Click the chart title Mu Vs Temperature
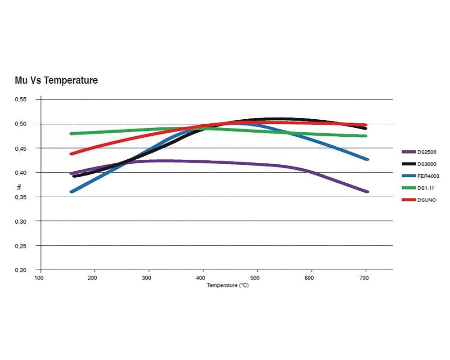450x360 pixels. tap(56, 81)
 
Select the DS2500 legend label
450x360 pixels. tap(427, 152)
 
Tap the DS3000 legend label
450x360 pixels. tap(427, 164)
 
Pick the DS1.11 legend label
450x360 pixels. tap(425, 187)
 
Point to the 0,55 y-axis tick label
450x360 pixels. tap(21, 99)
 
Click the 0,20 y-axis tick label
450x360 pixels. tap(21, 270)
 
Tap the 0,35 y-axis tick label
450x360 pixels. tap(21, 197)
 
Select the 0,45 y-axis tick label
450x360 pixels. tap(21, 148)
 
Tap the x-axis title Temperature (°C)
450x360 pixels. tap(227, 286)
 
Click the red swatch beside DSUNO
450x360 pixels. tap(408, 199)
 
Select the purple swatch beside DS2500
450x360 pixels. tap(408, 152)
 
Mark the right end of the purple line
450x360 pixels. tap(367, 192)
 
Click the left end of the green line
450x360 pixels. tap(71, 134)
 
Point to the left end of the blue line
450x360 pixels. tap(71, 192)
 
